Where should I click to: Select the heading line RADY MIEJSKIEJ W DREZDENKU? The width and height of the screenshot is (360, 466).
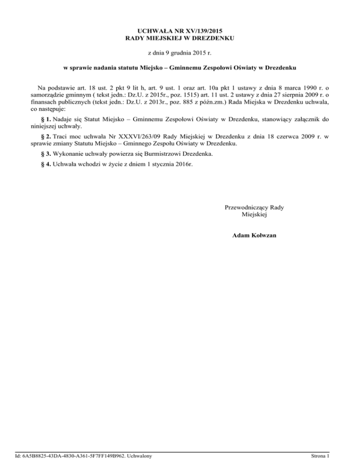[x=180, y=38]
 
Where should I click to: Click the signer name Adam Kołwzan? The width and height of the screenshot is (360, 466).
[x=254, y=235]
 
